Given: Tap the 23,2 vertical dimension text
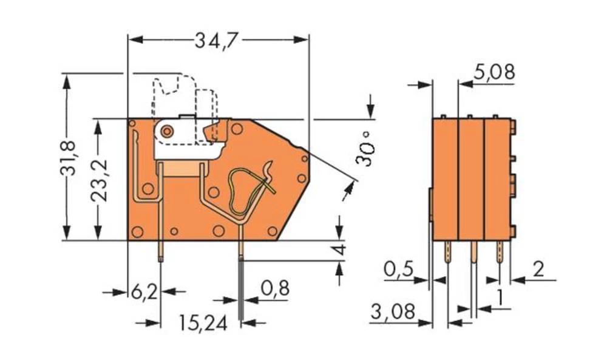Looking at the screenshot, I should (x=100, y=180).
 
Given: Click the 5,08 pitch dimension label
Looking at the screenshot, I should (x=494, y=72).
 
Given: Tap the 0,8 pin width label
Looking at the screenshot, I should (x=274, y=288).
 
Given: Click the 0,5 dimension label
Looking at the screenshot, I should (x=400, y=268).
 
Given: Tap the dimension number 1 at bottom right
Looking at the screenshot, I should (x=499, y=298).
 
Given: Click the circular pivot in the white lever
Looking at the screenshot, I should (x=166, y=131).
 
